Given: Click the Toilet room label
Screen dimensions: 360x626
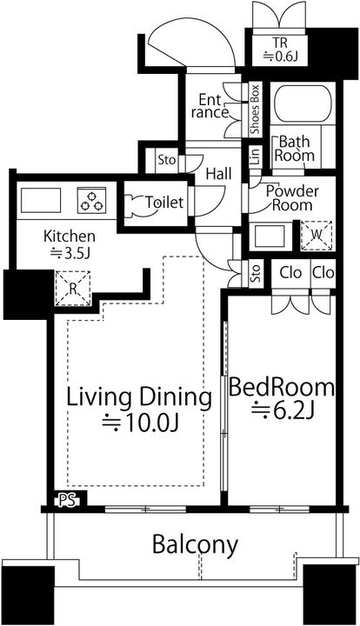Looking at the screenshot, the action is [164, 203].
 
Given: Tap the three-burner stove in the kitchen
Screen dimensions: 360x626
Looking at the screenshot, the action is [92, 200].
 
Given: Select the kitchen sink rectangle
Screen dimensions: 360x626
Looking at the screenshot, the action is [41, 201].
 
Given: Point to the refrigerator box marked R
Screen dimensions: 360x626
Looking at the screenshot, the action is [73, 289].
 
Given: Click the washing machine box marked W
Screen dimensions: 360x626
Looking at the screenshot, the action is [317, 235].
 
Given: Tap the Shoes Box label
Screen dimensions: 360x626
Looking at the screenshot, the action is [255, 109].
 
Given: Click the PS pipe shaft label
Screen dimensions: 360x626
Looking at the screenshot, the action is [67, 501].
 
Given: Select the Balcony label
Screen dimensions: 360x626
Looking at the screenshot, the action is [195, 544].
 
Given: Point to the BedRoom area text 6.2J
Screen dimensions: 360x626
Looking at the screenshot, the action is [281, 411].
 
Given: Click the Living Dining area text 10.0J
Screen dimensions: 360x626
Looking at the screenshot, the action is [140, 423].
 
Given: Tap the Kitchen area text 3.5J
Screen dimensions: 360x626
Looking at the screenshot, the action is [70, 253].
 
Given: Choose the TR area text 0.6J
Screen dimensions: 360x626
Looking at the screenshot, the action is [280, 57].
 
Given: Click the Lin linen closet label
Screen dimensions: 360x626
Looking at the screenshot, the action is [255, 156].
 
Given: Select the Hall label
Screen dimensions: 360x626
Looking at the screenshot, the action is [219, 174].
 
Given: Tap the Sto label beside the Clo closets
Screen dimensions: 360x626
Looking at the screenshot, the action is [256, 273].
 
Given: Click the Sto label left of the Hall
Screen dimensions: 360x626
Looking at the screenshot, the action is [166, 160].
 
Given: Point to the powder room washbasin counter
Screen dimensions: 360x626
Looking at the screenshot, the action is [270, 236].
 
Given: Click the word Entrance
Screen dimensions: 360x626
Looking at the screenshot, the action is [210, 106].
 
